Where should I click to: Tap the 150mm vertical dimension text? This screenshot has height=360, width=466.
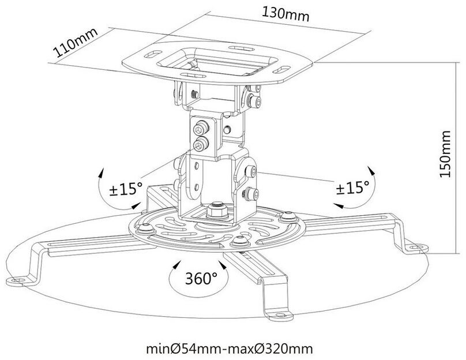click(445, 155)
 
